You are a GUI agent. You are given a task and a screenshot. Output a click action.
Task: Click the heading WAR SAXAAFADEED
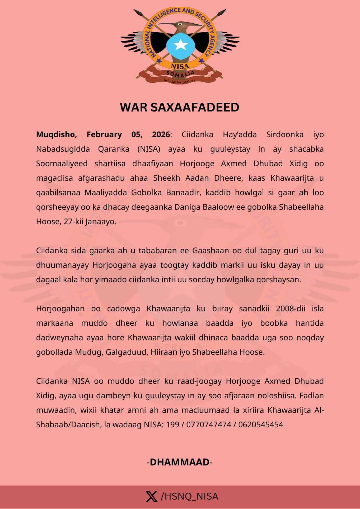click(180, 108)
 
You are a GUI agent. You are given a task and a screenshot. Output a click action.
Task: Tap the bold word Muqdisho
click(56, 135)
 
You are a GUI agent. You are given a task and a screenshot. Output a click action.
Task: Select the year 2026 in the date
click(161, 135)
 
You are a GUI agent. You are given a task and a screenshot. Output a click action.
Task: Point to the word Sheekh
click(166, 178)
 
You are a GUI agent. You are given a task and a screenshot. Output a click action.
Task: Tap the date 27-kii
click(73, 221)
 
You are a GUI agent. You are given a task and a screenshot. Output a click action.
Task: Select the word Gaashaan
click(208, 250)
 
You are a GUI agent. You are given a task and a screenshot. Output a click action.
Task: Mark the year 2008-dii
click(290, 309)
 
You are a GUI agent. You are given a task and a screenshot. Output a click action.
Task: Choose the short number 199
click(173, 425)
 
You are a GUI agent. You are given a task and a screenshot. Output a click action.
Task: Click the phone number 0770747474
click(208, 425)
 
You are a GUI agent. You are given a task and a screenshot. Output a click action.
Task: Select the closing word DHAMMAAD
click(180, 462)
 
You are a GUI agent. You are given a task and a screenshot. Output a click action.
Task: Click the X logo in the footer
click(152, 496)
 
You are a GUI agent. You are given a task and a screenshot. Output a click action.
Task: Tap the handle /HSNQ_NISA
click(189, 496)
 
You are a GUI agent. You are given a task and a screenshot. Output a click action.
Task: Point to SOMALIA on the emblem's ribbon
click(180, 74)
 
